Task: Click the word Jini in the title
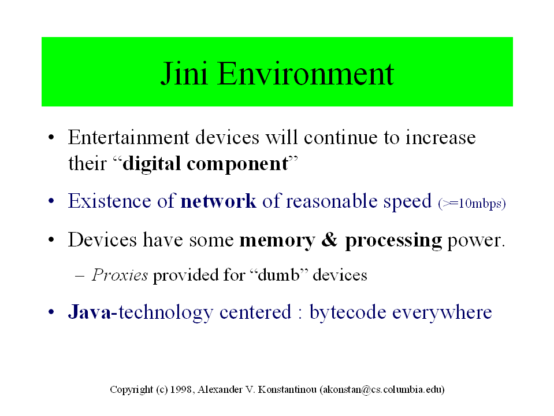coord(184,73)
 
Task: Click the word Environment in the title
coord(306,73)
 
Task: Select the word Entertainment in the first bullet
coord(129,137)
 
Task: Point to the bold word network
coord(218,201)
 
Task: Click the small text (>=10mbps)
coord(472,204)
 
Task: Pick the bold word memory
coord(277,241)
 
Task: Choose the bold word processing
coord(393,241)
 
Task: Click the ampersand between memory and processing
coord(329,240)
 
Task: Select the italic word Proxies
coord(120,275)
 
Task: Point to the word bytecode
coord(348,312)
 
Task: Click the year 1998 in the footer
coord(181,389)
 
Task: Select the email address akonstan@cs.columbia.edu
coord(382,389)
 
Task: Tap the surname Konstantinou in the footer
coord(287,389)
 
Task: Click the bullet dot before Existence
coord(51,201)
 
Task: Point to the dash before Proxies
coord(80,275)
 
